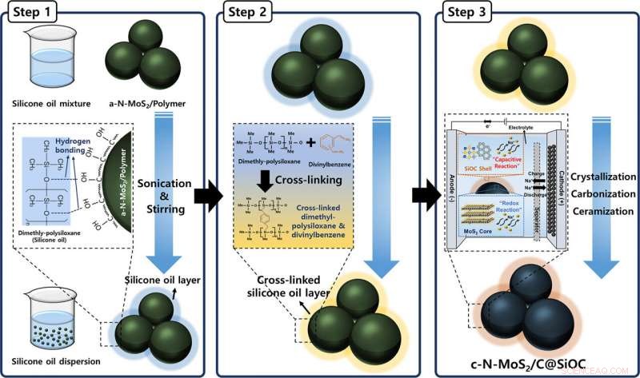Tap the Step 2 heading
click(x=251, y=14)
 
